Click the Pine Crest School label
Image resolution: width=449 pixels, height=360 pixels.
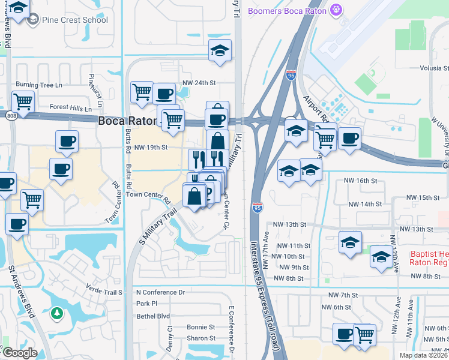(x=75, y=20)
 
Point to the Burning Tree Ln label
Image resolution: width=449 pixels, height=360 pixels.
(x=39, y=85)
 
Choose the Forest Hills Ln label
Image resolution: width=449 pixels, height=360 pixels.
(x=71, y=108)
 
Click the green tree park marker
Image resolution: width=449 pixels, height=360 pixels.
(x=57, y=313)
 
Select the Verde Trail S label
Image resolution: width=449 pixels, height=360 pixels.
(x=104, y=292)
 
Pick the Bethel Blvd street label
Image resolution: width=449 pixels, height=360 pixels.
(x=154, y=316)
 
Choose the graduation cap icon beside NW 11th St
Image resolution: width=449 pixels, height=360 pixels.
(x=350, y=242)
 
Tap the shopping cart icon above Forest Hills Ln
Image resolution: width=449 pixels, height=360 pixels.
(x=23, y=101)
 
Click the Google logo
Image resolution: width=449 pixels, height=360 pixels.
(x=19, y=353)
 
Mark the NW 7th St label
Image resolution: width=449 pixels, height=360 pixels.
(x=343, y=295)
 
